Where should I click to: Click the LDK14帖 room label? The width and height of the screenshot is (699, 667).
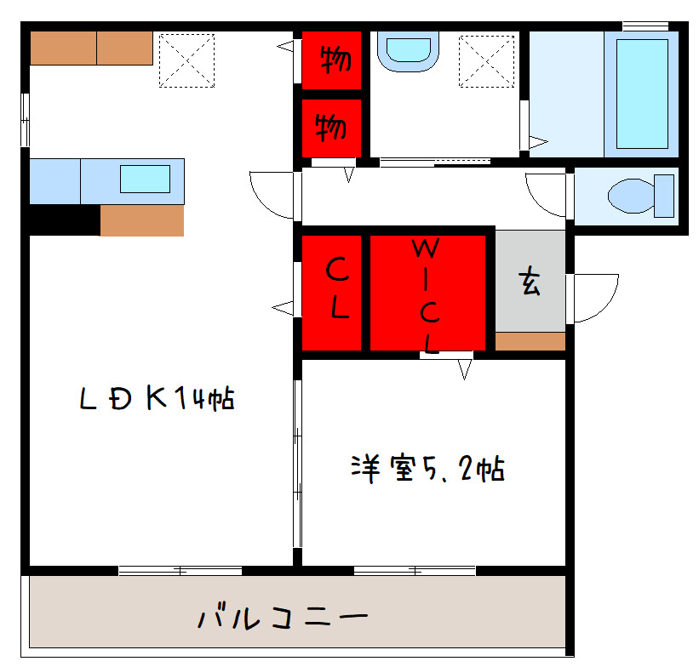158,398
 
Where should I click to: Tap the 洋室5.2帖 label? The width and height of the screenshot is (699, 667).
428,469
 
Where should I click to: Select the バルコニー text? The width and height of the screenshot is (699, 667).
284,617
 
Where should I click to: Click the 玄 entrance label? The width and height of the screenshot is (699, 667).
530,282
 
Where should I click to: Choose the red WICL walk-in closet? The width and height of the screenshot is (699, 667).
427,293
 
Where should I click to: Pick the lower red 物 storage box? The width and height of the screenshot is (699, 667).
332,128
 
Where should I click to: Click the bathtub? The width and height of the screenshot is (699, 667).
641,94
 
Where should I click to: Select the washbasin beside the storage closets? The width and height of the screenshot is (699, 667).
408,52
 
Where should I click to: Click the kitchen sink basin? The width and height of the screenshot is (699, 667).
144,180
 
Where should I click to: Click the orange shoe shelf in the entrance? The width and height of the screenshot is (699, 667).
530,341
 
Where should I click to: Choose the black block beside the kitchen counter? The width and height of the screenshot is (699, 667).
64,219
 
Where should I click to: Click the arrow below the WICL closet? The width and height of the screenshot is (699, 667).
464,368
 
